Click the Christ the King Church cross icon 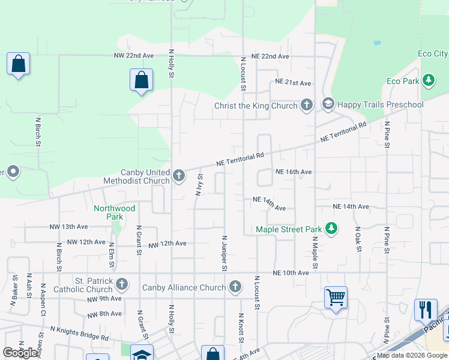306,105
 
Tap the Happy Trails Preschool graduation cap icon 328,105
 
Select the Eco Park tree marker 428,80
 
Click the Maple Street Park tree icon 330,229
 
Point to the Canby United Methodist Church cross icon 178,176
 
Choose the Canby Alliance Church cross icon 235,287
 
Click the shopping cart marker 336,297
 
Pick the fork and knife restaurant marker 425,310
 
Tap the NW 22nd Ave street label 134,55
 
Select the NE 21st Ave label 293,82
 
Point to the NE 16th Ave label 293,172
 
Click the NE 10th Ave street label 291,273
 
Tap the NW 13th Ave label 69,227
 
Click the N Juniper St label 224,253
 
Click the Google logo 20,353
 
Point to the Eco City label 433,54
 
